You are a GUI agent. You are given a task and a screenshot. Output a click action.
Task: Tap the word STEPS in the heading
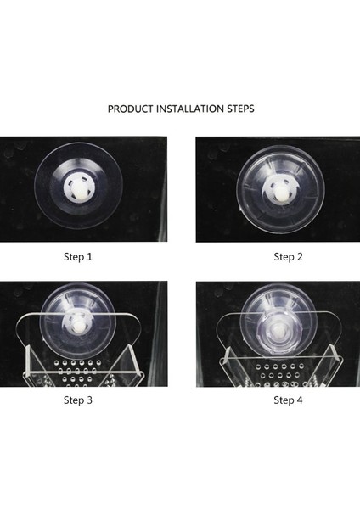click(240, 109)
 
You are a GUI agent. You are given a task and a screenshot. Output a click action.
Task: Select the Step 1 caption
click(78, 257)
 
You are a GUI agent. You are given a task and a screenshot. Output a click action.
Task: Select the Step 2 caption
click(288, 257)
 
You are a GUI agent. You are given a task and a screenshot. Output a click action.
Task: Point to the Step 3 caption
click(78, 400)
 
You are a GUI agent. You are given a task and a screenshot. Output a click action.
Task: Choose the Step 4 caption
click(288, 400)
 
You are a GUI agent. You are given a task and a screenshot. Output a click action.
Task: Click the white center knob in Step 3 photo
click(78, 325)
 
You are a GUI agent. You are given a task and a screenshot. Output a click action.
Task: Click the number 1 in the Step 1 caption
click(89, 257)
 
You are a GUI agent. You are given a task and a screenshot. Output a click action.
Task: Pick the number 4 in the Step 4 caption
click(300, 400)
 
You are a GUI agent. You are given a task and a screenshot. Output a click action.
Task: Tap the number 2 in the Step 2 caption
click(300, 257)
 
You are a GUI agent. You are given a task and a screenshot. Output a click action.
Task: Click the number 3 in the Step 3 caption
click(89, 400)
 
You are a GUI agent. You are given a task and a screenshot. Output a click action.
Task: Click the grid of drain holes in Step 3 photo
click(78, 373)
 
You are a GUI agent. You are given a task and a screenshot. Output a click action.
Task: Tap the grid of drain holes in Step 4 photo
click(280, 375)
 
